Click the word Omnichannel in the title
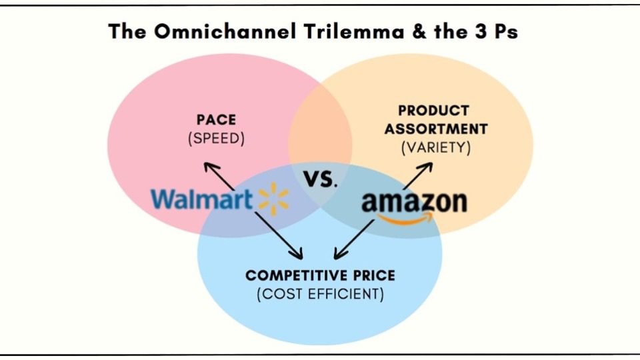pyautogui.click(x=225, y=31)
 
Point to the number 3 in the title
pyautogui.click(x=481, y=31)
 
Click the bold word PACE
pyautogui.click(x=216, y=120)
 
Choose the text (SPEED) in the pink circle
pyautogui.click(x=216, y=139)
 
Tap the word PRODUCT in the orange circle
pyautogui.click(x=434, y=111)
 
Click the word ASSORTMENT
pyautogui.click(x=436, y=129)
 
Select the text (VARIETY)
pyautogui.click(x=436, y=148)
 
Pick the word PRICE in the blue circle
pyautogui.click(x=374, y=275)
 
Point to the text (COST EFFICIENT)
pyautogui.click(x=321, y=294)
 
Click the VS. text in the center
pyautogui.click(x=321, y=179)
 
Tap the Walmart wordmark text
pyautogui.click(x=201, y=199)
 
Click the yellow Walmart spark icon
pyautogui.click(x=273, y=199)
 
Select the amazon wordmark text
pyautogui.click(x=414, y=202)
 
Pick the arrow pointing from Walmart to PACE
pyautogui.click(x=219, y=176)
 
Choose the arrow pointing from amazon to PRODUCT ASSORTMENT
pyautogui.click(x=417, y=176)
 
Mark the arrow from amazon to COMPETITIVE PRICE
pyautogui.click(x=354, y=239)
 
